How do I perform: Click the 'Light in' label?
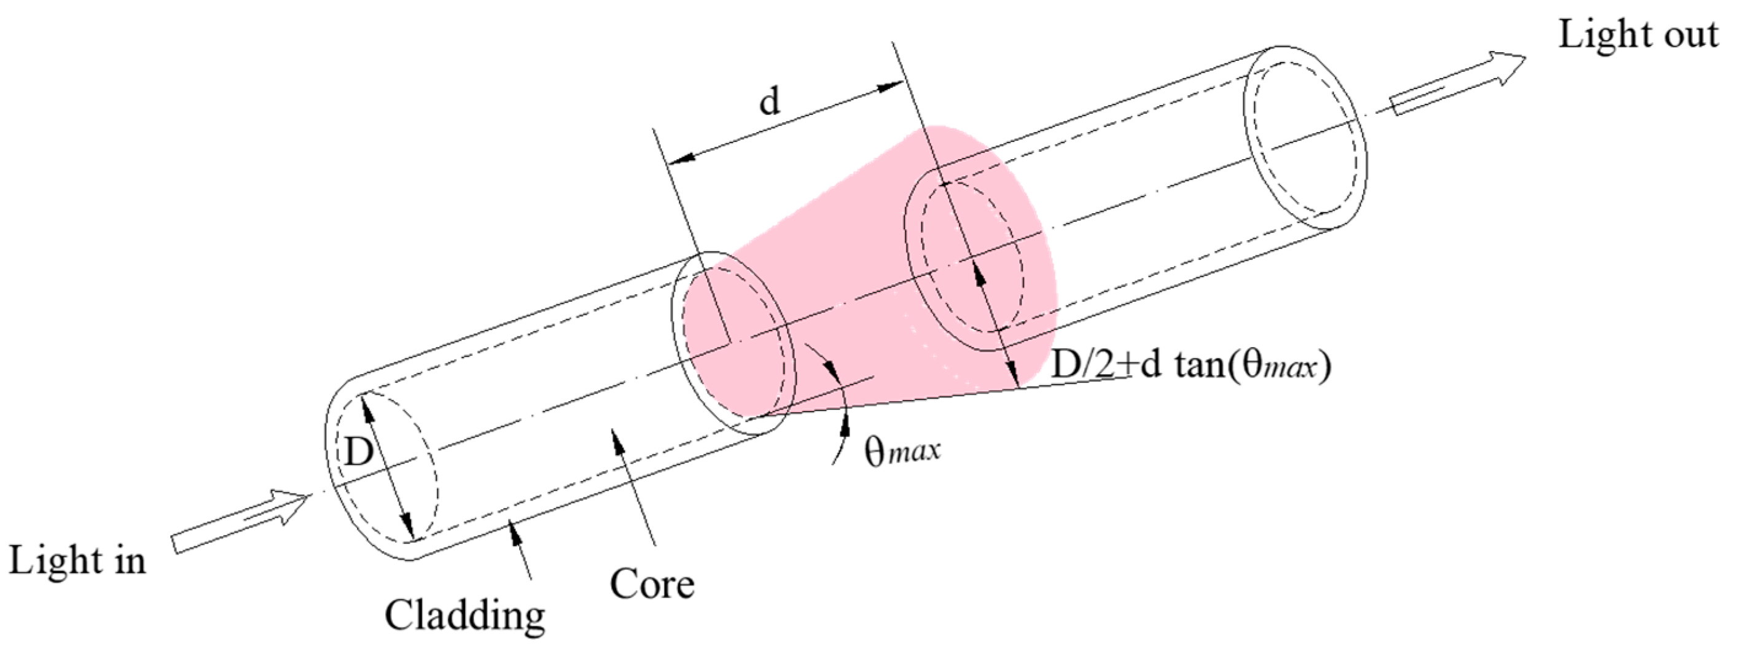click(x=77, y=560)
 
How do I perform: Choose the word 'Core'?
click(x=652, y=584)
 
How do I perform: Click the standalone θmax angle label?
click(x=902, y=451)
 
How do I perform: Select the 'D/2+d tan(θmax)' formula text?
click(x=1191, y=367)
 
